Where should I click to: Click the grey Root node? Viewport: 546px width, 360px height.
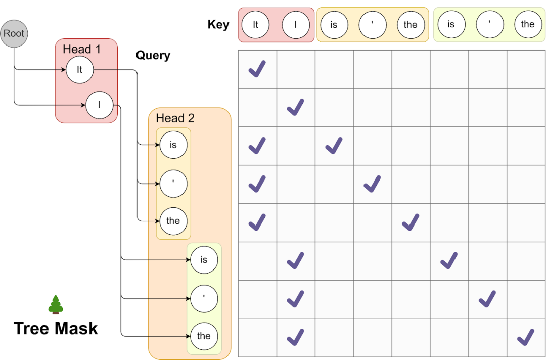(x=14, y=33)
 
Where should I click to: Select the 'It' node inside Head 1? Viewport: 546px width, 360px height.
(x=80, y=70)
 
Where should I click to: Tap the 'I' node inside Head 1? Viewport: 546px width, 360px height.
(x=99, y=105)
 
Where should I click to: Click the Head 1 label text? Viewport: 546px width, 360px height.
(x=81, y=49)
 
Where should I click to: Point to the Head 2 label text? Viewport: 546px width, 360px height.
(x=175, y=118)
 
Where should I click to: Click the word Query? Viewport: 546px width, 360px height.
(x=153, y=55)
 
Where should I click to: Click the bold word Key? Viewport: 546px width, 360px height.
(x=218, y=25)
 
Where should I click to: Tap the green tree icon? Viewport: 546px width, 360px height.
(x=56, y=305)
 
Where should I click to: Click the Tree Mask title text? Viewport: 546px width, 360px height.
(x=56, y=328)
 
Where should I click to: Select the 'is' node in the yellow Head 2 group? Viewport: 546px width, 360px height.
(x=173, y=145)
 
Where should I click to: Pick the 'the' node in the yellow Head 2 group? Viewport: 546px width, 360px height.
(x=173, y=221)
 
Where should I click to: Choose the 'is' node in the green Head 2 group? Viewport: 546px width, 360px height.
(x=204, y=260)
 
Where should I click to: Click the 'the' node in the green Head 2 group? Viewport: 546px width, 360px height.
(x=204, y=336)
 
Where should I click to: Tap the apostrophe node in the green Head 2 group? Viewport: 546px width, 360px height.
(x=204, y=299)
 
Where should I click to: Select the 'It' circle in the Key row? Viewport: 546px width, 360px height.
(x=256, y=25)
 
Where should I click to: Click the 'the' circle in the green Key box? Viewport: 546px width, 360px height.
(x=528, y=24)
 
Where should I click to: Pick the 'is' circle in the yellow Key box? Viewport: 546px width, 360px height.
(x=334, y=25)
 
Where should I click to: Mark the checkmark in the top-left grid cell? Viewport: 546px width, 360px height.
(x=257, y=69)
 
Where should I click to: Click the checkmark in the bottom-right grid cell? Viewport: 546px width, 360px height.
(x=525, y=337)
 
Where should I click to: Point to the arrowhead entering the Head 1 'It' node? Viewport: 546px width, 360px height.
(x=64, y=70)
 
